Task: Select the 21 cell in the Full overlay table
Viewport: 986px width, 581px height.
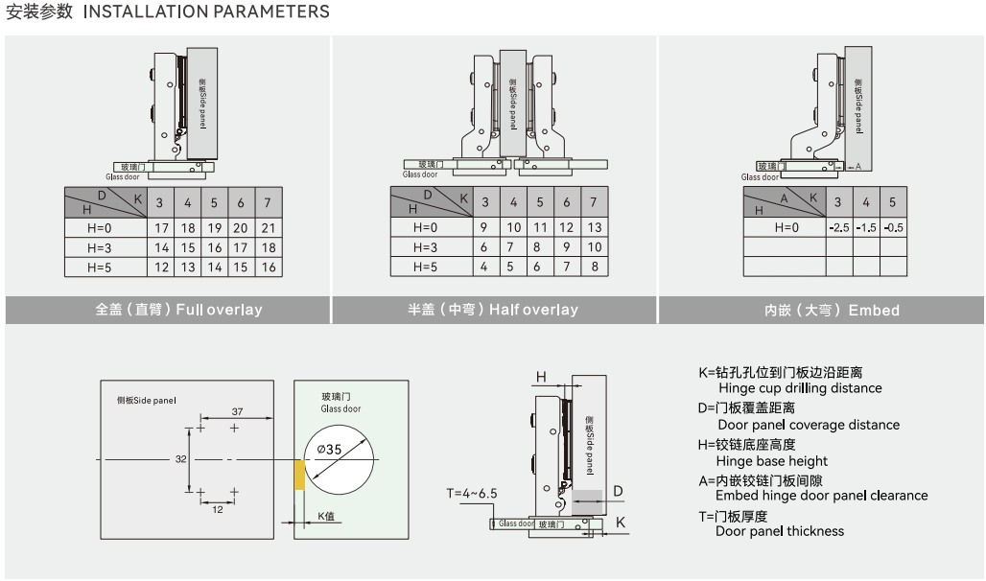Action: click(x=268, y=228)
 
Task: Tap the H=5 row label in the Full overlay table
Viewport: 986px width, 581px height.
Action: click(x=99, y=267)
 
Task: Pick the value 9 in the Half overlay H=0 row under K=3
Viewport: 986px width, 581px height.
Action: click(x=485, y=227)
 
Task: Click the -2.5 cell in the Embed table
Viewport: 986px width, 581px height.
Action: click(x=838, y=227)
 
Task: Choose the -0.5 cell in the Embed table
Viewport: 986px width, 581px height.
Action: click(x=892, y=227)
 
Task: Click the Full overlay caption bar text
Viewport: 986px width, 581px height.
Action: click(x=178, y=310)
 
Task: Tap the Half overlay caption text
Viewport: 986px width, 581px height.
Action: click(x=493, y=310)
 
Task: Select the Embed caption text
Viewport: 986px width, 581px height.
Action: click(x=832, y=310)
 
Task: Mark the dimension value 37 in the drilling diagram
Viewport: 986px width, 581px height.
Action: click(x=237, y=411)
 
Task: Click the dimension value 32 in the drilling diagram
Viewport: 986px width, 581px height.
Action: click(x=180, y=459)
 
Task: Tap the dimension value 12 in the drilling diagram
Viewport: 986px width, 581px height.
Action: click(x=217, y=509)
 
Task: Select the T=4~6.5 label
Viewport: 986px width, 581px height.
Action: click(x=471, y=494)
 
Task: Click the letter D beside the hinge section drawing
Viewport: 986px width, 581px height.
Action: click(x=618, y=492)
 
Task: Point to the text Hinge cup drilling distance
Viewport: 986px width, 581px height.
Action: click(x=800, y=388)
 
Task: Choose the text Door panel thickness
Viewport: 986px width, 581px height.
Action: click(x=780, y=531)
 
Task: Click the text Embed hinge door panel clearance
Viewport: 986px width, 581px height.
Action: click(x=821, y=496)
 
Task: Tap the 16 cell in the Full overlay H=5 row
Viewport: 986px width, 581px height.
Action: click(x=268, y=267)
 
